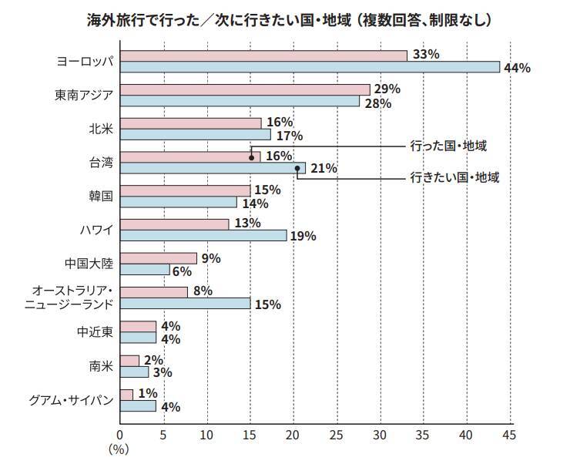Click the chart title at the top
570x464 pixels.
click(x=289, y=19)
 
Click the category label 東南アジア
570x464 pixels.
click(x=84, y=95)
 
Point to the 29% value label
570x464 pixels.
click(x=387, y=89)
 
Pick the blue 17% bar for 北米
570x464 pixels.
click(x=196, y=135)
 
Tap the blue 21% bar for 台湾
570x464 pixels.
click(x=213, y=168)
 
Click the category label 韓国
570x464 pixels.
click(x=101, y=196)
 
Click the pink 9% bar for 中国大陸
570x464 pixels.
click(x=159, y=258)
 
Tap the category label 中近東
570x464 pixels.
click(x=96, y=331)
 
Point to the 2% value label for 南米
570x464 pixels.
click(x=153, y=361)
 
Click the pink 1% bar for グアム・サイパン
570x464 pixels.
click(x=127, y=395)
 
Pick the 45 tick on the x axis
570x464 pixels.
click(x=508, y=435)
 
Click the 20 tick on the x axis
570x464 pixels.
click(x=293, y=435)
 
